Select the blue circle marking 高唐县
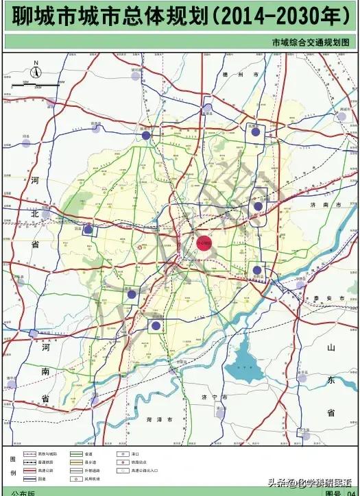(255, 134)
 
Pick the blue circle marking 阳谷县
(156, 325)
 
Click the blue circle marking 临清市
(146, 136)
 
